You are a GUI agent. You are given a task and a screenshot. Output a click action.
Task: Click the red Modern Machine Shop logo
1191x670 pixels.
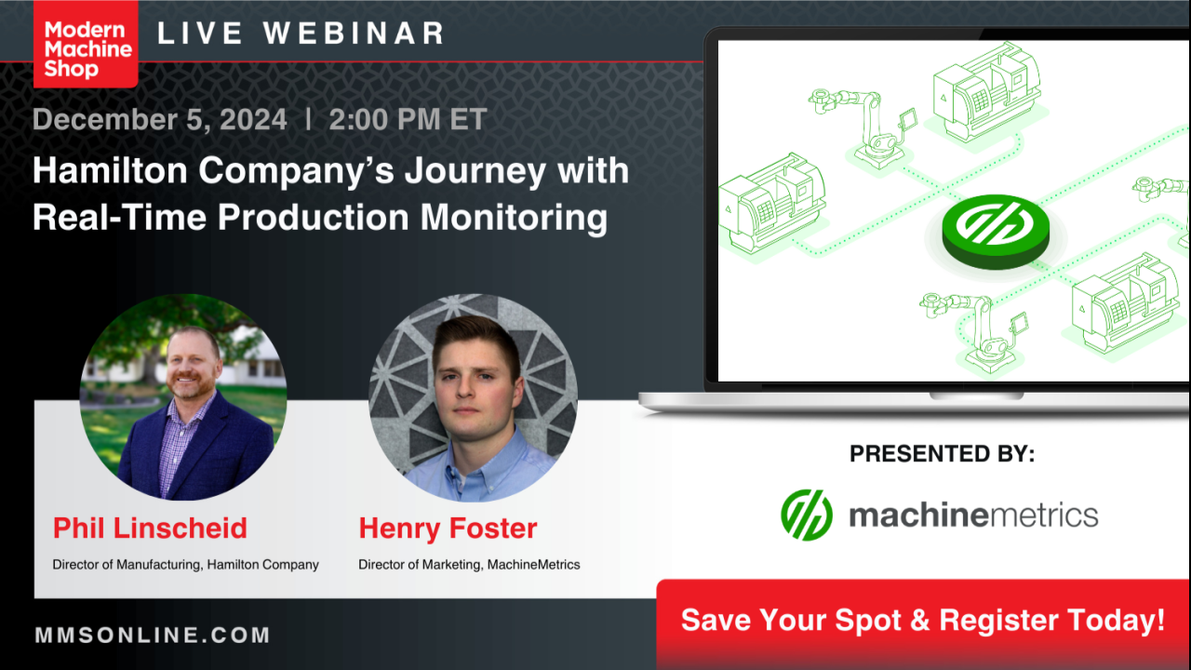[x=86, y=44]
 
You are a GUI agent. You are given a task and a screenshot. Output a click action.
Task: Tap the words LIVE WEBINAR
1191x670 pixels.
[x=301, y=33]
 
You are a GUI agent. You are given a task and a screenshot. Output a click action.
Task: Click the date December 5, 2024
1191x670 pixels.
[x=159, y=119]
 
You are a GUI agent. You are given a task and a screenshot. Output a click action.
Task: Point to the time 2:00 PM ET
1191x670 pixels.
[x=408, y=119]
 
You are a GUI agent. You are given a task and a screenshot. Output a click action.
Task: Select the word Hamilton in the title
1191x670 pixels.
[x=110, y=170]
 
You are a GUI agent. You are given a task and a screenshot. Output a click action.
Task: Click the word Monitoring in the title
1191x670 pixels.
[x=515, y=218]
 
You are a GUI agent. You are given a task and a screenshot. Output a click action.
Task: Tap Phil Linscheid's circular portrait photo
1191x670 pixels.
[x=183, y=397]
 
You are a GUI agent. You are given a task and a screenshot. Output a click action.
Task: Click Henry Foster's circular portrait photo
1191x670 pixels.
[x=474, y=397]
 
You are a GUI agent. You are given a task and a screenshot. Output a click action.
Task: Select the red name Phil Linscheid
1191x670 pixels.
[x=150, y=528]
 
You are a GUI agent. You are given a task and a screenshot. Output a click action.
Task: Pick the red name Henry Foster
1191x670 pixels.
[x=448, y=529]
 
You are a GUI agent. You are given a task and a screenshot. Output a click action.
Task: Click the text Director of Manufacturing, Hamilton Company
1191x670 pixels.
[x=185, y=565]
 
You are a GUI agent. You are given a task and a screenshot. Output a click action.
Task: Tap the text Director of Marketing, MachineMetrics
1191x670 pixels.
[x=469, y=565]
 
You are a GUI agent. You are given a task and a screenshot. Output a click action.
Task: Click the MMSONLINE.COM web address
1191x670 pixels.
[x=153, y=635]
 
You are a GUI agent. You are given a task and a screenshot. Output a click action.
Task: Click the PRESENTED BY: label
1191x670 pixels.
[x=942, y=453]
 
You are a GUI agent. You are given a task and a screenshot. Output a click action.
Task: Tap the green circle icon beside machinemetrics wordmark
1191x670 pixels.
[x=807, y=515]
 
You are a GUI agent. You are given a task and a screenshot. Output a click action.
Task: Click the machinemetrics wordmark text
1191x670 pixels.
[x=973, y=516]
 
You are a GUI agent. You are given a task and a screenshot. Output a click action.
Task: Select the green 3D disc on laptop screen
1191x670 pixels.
[x=996, y=232]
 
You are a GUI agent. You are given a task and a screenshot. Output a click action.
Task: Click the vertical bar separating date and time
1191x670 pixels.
[x=308, y=118]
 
